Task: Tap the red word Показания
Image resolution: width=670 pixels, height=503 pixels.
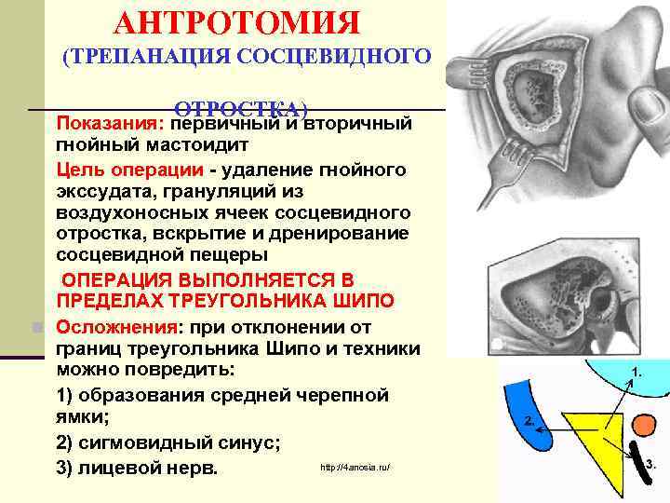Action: (x=110, y=123)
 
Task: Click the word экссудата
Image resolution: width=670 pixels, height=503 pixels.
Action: (x=102, y=191)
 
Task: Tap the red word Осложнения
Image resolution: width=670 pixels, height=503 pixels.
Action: (x=116, y=327)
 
